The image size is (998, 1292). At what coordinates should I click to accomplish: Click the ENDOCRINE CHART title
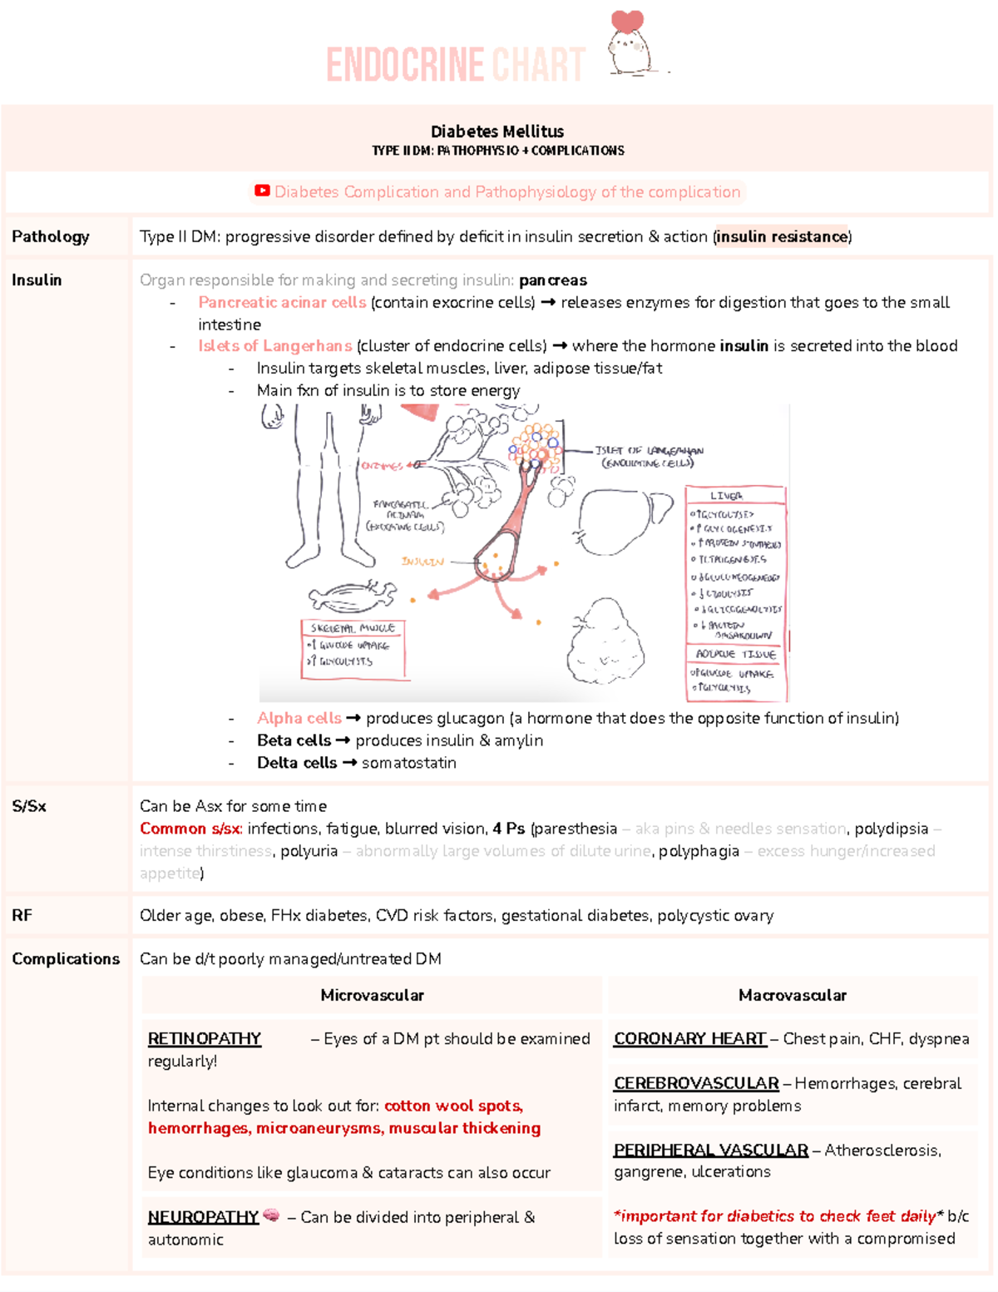click(x=456, y=65)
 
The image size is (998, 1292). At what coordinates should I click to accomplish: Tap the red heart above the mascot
click(x=627, y=21)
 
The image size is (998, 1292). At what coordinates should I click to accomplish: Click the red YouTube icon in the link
click(x=262, y=191)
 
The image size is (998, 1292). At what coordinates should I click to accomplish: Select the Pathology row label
click(x=51, y=236)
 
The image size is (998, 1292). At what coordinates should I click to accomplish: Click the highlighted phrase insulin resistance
click(x=782, y=236)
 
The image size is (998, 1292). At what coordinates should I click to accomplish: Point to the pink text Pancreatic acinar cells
click(x=282, y=302)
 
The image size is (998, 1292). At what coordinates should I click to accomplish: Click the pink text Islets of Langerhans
click(x=274, y=346)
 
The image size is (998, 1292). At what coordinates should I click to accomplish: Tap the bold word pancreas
click(x=553, y=280)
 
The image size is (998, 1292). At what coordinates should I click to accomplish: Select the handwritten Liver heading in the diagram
click(x=726, y=495)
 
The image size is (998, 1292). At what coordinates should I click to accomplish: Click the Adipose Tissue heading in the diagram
click(x=735, y=654)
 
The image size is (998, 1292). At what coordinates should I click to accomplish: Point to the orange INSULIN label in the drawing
click(x=422, y=562)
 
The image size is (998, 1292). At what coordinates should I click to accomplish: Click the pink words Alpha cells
click(x=299, y=718)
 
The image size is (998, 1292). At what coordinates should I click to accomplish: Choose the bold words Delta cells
click(x=297, y=763)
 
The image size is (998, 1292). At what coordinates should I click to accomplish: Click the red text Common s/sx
click(x=190, y=829)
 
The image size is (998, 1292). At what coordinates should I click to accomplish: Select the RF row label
click(x=22, y=915)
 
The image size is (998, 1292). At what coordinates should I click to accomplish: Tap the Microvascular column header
click(x=372, y=995)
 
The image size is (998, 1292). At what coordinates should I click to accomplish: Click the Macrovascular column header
click(x=793, y=995)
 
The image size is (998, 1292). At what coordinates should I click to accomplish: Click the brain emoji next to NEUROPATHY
click(x=271, y=1215)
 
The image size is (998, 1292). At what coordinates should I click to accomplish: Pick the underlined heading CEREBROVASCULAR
click(x=696, y=1083)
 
